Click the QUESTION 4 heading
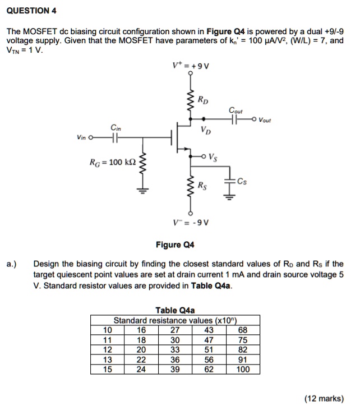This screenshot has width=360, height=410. pyautogui.click(x=31, y=11)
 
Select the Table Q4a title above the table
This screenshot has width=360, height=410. pyautogui.click(x=175, y=310)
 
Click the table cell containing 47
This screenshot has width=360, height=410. pyautogui.click(x=209, y=340)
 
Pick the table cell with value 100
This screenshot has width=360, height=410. pyautogui.click(x=243, y=369)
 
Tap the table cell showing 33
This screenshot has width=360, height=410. pyautogui.click(x=175, y=349)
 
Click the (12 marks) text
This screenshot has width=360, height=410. pyautogui.click(x=324, y=399)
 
